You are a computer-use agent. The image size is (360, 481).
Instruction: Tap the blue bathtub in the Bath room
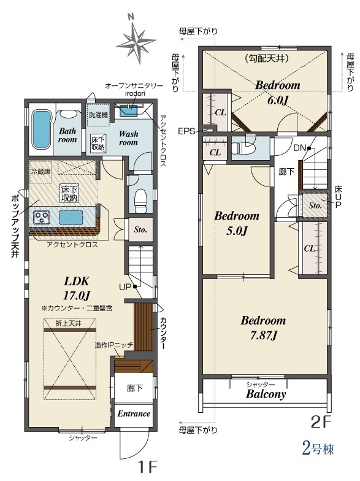pos(42,129)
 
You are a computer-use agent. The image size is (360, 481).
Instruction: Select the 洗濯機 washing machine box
pos(98,115)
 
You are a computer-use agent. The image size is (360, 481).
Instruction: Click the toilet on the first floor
pos(141,200)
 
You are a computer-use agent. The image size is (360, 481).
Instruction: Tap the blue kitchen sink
pos(71,217)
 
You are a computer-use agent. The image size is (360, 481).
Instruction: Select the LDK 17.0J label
pos(76,288)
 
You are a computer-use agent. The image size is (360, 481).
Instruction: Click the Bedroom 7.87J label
pos(264,328)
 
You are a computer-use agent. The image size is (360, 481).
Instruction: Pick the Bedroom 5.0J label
pos(237,223)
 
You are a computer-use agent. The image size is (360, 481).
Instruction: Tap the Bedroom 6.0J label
pos(277,92)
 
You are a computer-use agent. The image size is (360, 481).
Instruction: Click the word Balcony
pos(266,394)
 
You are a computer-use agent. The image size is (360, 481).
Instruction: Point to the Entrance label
pos(134,414)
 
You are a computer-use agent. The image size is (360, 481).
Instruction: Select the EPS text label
pos(186,131)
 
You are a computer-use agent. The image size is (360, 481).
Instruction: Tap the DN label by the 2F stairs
pos(299,148)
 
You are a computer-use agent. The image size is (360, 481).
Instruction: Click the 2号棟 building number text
pos(318,449)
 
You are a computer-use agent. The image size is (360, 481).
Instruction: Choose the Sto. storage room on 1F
pos(140,229)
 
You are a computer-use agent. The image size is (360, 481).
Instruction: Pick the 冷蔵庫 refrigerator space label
pos(40,172)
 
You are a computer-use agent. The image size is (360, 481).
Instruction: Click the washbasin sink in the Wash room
pos(129,110)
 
